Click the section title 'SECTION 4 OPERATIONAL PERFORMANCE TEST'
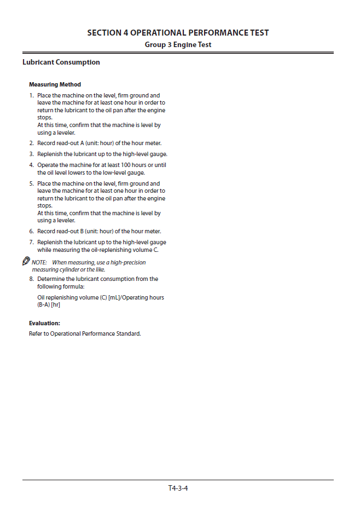(x=178, y=33)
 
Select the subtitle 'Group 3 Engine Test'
(x=178, y=45)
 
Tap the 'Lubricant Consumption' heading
(x=61, y=62)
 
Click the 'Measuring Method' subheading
(x=55, y=84)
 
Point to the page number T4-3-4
(x=178, y=488)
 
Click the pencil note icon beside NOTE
(x=26, y=261)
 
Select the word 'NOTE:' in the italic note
(x=39, y=263)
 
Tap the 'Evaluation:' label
(x=44, y=323)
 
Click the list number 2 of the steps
(x=31, y=143)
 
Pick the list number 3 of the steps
(x=31, y=154)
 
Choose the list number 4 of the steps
(x=31, y=165)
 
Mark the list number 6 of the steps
(x=31, y=232)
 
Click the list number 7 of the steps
(x=31, y=243)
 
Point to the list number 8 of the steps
(x=31, y=279)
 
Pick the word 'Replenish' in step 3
(x=50, y=154)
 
